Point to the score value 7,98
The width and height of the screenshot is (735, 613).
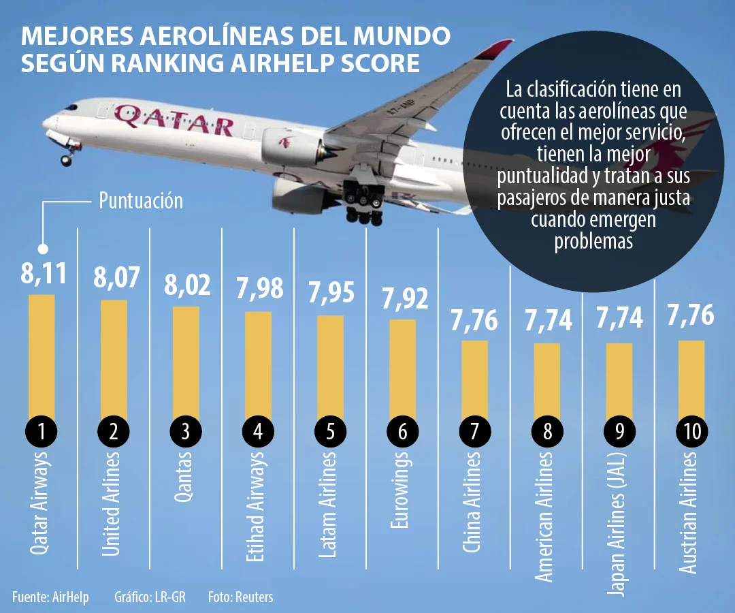point(259,291)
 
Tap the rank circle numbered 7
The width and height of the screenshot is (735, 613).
point(475,431)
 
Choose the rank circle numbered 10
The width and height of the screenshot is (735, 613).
point(692,431)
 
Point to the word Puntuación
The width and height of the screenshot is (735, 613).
point(141,201)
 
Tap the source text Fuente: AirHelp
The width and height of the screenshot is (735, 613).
point(50,597)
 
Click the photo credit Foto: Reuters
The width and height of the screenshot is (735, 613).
point(240,597)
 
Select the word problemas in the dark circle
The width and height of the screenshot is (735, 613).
point(593,242)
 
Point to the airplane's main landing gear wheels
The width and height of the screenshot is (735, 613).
point(364,204)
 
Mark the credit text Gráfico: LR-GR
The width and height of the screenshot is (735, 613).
point(150,597)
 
